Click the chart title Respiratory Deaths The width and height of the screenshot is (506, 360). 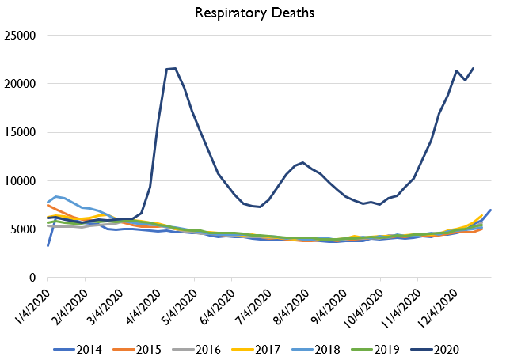(x=253, y=13)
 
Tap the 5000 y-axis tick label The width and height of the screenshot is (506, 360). (x=25, y=229)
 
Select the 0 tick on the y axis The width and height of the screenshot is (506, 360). (x=35, y=278)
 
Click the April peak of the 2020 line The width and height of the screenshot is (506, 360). (x=175, y=68)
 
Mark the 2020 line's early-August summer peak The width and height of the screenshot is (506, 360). (x=303, y=162)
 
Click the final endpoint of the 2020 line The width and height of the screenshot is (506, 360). (x=474, y=68)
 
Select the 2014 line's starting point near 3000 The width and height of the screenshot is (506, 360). (x=48, y=245)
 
